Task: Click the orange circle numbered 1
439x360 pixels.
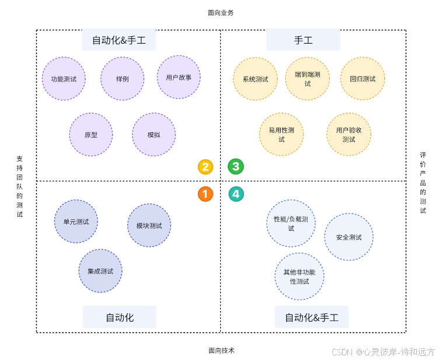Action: tap(205, 194)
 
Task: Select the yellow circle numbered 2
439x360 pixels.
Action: tap(205, 167)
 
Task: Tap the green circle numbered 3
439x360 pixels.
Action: tap(236, 167)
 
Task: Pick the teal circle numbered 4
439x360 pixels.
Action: tap(236, 194)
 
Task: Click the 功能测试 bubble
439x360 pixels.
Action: tap(64, 79)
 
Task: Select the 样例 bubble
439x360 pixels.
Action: tap(122, 79)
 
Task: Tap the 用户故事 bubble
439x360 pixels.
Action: tap(179, 77)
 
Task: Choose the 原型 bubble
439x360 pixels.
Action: tap(90, 135)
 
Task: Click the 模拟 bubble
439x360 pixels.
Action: tap(154, 135)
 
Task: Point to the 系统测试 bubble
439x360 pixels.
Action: tap(255, 79)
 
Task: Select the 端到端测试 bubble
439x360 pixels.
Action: tap(307, 79)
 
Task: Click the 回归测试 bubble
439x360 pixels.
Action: tap(363, 79)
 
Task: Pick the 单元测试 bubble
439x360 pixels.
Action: tap(76, 222)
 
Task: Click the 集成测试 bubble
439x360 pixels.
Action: tap(100, 271)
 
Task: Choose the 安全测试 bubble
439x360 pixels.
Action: tap(349, 237)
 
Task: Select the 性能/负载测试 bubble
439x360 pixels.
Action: tap(291, 223)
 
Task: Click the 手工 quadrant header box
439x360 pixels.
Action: tap(303, 40)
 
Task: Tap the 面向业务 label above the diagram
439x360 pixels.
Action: tap(221, 12)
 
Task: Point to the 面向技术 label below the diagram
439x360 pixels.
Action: tap(221, 351)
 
